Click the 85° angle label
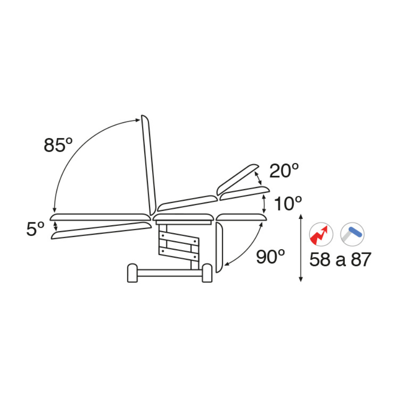click(x=58, y=145)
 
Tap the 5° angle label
click(x=35, y=229)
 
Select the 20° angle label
click(x=284, y=171)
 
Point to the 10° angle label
click(x=288, y=203)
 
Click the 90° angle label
click(x=270, y=257)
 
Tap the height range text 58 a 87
click(x=340, y=259)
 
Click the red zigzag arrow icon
click(x=321, y=235)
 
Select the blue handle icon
click(x=352, y=235)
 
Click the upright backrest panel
click(x=149, y=165)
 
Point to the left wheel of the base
click(x=132, y=273)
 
